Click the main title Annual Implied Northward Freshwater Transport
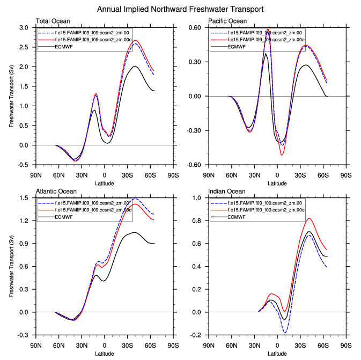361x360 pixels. (x=180, y=9)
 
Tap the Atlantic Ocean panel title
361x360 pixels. (x=56, y=192)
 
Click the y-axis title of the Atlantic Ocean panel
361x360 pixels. (x=11, y=267)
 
